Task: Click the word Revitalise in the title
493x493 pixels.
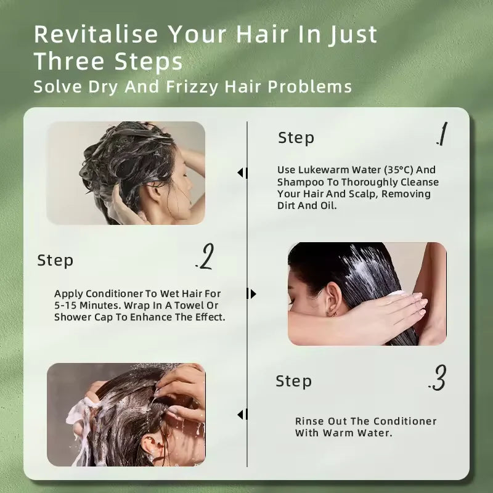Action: click(96, 34)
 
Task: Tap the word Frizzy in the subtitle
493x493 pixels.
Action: click(192, 87)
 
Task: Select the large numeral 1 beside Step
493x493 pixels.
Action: click(442, 134)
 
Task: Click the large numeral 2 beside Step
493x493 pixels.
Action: click(205, 256)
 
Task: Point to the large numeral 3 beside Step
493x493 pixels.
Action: click(438, 378)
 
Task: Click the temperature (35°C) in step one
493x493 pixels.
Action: click(398, 170)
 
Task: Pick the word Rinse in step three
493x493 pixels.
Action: click(310, 421)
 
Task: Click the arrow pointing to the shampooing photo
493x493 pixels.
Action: click(242, 173)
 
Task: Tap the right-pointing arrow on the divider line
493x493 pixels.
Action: click(251, 294)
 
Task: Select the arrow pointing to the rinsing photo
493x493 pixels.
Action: click(242, 414)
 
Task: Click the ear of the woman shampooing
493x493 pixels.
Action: click(155, 190)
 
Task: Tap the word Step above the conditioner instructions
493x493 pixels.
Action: click(55, 261)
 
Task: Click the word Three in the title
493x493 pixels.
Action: click(69, 61)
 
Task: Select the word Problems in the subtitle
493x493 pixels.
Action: click(310, 86)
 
